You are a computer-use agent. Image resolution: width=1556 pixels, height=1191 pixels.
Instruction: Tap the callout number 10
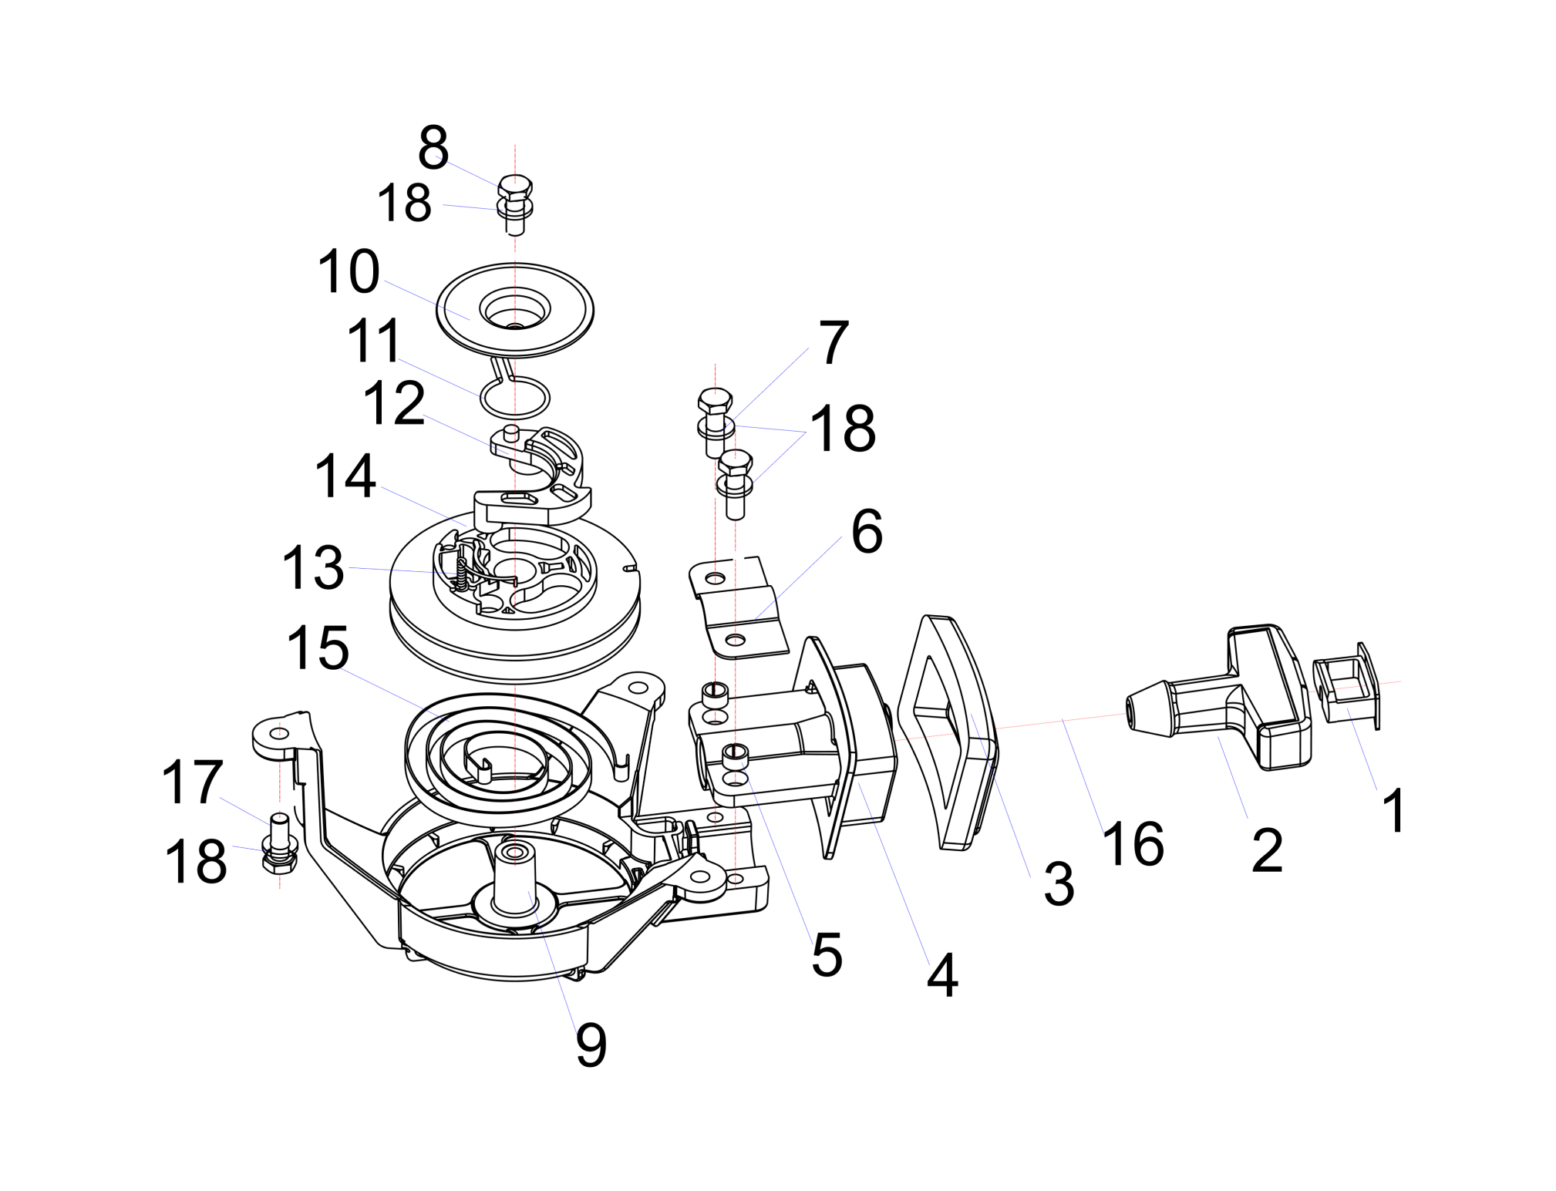pos(349,271)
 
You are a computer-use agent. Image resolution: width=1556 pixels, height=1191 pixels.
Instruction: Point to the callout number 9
pos(591,1045)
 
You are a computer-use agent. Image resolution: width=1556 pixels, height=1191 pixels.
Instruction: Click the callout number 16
pos(1133,843)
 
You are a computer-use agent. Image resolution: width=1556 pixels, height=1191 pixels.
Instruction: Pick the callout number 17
pos(192,782)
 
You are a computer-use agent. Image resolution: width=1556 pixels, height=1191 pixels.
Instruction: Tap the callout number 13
pos(313,567)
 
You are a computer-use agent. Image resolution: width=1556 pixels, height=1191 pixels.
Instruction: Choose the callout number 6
pos(867,531)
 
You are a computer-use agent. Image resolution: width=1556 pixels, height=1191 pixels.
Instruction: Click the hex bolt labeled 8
pos(515,187)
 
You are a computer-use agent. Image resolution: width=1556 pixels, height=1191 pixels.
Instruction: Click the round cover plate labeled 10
pos(515,310)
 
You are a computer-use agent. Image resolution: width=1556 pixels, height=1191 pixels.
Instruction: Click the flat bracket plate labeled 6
pos(736,609)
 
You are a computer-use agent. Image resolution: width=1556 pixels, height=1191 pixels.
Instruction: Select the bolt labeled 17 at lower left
pos(279,833)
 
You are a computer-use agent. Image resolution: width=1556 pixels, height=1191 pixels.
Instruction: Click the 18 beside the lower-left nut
pos(196,860)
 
